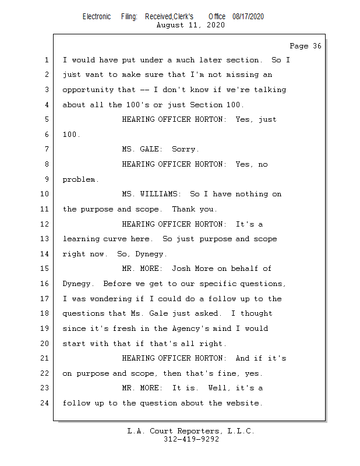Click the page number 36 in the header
[317, 46]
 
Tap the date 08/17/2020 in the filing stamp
[248, 17]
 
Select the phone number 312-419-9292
[191, 439]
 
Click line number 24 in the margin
[45, 403]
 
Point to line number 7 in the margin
[47, 149]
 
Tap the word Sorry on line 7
[185, 149]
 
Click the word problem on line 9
[80, 180]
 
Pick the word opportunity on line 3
[88, 90]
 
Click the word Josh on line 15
[181, 269]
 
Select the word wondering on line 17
[111, 299]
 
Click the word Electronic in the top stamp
[97, 17]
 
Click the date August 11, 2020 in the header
[190, 25]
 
